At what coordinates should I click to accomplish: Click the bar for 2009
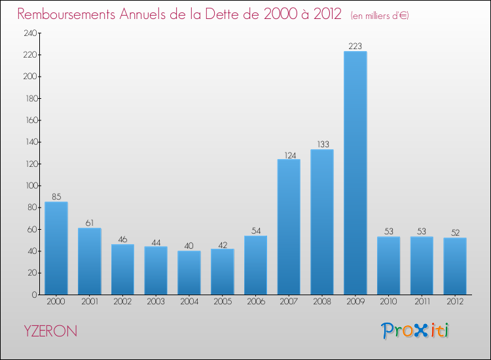pyautogui.click(x=355, y=173)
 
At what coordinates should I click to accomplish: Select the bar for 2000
pyautogui.click(x=56, y=248)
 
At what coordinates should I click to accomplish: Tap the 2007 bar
pyautogui.click(x=289, y=226)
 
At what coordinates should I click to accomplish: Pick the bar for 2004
pyautogui.click(x=189, y=272)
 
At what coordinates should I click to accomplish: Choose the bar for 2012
pyautogui.click(x=455, y=266)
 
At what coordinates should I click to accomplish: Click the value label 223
pyautogui.click(x=355, y=46)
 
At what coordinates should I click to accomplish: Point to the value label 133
pyautogui.click(x=322, y=144)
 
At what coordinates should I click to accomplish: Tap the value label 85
pyautogui.click(x=56, y=196)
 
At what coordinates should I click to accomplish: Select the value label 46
pyautogui.click(x=122, y=239)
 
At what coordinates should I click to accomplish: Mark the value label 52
pyautogui.click(x=455, y=232)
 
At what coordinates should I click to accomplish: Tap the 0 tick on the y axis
pyautogui.click(x=33, y=295)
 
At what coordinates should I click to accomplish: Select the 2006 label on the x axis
pyautogui.click(x=255, y=302)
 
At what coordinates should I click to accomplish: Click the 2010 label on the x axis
pyautogui.click(x=388, y=302)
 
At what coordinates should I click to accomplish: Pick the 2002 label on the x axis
pyautogui.click(x=122, y=302)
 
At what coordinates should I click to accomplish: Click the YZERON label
pyautogui.click(x=49, y=331)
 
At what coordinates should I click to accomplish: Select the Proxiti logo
pyautogui.click(x=416, y=331)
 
